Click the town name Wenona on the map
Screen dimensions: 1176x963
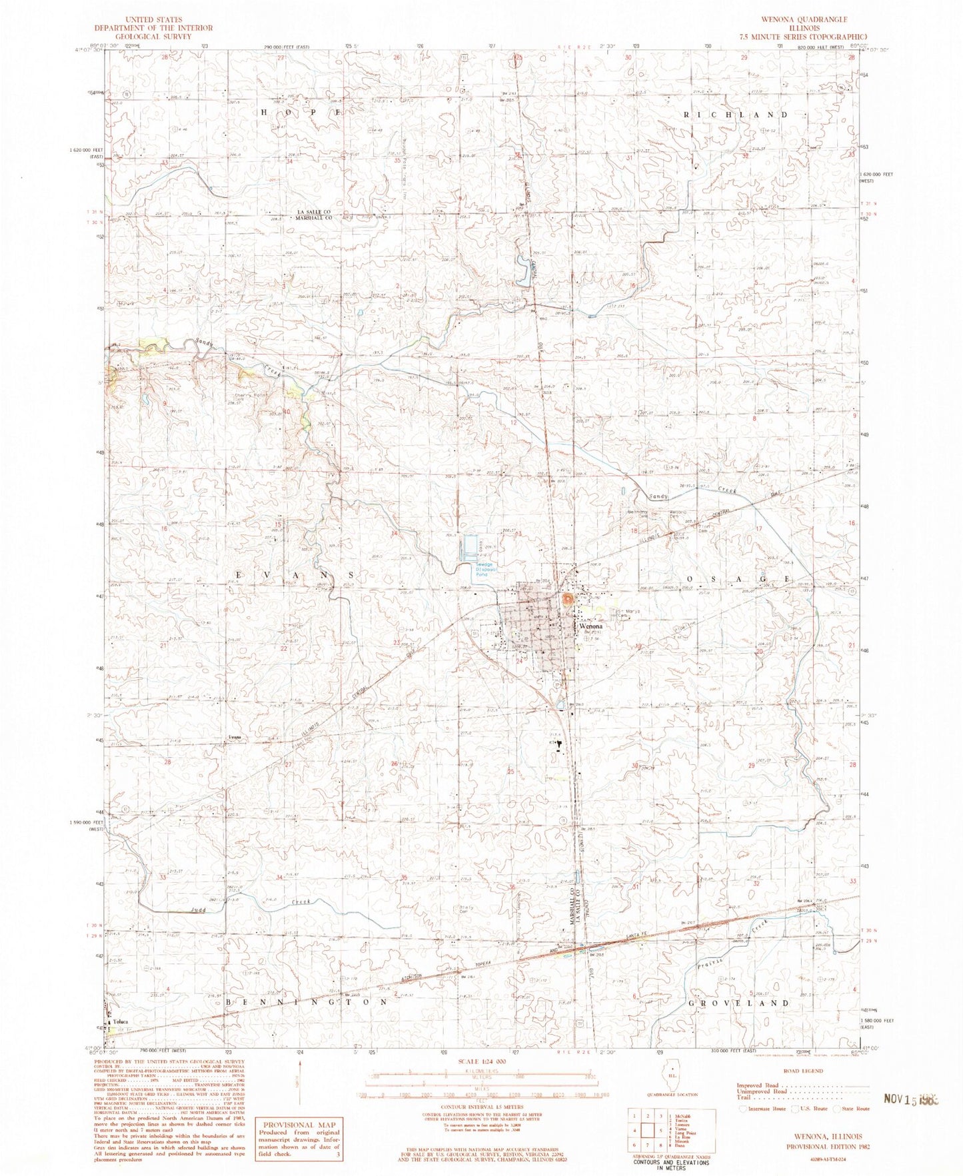coord(591,627)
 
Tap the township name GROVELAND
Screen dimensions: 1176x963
coord(739,1001)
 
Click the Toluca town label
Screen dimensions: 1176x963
coord(121,1021)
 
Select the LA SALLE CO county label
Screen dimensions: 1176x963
coord(314,212)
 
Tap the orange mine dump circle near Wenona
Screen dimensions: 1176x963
coord(567,600)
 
